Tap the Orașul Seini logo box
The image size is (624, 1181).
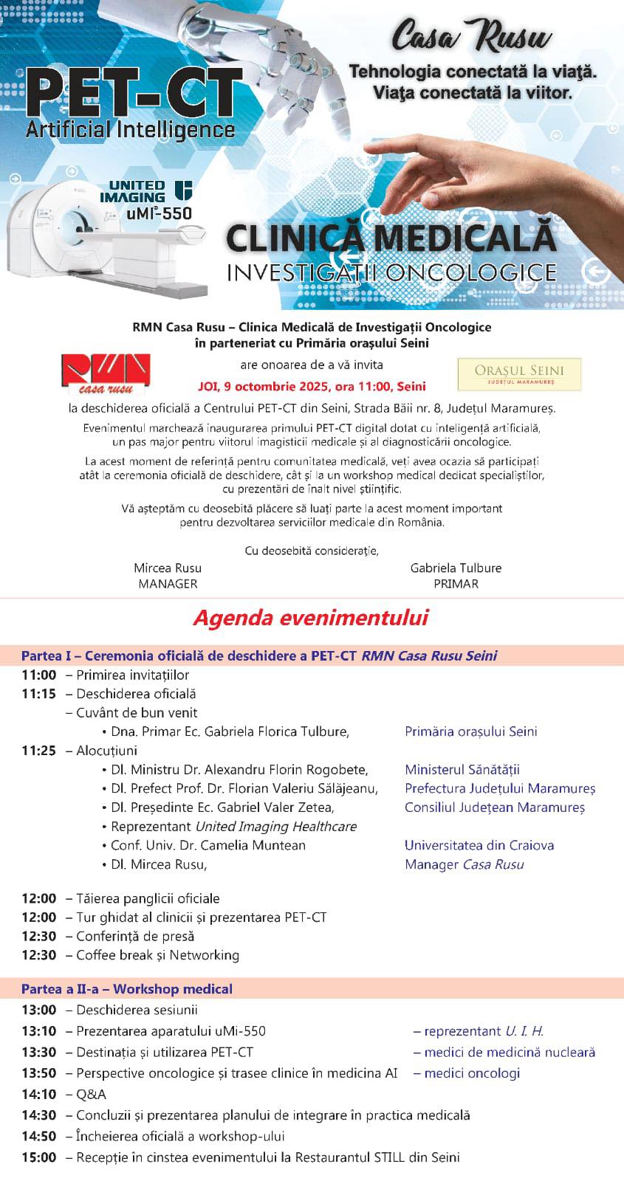point(519,374)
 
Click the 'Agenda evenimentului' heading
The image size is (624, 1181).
point(311,618)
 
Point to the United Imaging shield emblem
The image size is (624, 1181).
point(182,189)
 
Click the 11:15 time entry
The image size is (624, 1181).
point(38,694)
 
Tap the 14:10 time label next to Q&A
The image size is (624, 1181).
point(38,1094)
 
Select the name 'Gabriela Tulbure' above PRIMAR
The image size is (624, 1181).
point(456,568)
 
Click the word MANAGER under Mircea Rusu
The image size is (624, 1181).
point(168,584)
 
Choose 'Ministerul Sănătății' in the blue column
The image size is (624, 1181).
point(462,770)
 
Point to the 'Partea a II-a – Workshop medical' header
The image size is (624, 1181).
point(127,989)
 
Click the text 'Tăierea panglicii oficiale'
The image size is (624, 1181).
point(148,898)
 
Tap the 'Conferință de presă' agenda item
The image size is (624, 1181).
point(135,936)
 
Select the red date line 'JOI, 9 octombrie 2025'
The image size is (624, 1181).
point(312,386)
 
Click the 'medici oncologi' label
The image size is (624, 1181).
point(472,1073)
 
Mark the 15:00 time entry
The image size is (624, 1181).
point(38,1157)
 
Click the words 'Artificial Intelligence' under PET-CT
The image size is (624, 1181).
point(130,130)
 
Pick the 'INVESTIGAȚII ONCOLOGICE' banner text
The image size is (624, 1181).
point(391,272)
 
